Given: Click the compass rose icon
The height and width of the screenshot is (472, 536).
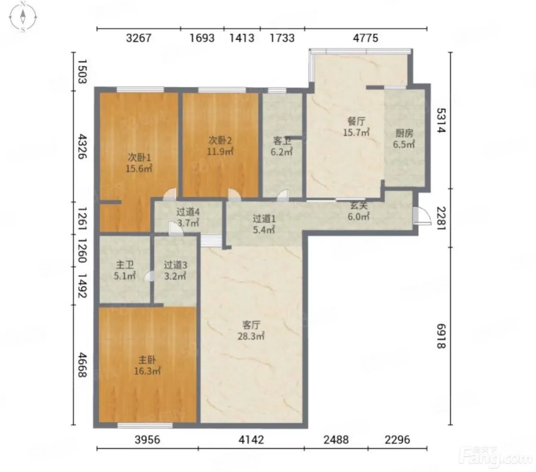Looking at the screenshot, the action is coord(23,17).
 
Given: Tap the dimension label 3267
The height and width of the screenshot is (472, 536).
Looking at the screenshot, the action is coord(138,38).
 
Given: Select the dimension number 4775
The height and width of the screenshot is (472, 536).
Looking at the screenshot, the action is coord(365,38).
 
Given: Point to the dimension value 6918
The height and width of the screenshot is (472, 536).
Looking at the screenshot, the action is coord(441,336).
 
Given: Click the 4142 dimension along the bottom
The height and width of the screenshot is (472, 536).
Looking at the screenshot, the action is coord(251,440).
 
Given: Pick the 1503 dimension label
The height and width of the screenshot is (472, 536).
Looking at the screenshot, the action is coord(82,71).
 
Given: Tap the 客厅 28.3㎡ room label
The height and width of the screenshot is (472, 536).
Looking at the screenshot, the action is coord(251,330).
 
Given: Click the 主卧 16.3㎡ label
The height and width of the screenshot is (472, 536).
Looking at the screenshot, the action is coord(147,365).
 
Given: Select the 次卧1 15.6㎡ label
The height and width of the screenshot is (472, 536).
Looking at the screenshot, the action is coord(139,163).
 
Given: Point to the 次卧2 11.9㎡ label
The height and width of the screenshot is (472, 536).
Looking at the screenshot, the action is coord(220,146).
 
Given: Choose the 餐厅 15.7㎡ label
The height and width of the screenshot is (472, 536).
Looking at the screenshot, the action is coord(356,127).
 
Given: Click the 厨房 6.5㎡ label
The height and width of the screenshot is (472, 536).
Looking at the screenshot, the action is coord(404,138).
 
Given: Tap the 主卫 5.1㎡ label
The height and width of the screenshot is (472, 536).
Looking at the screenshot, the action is coord(125,270).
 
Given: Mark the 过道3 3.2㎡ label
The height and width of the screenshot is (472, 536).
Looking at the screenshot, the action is coord(175,270).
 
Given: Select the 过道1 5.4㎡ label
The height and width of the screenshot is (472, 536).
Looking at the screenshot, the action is coord(264,224).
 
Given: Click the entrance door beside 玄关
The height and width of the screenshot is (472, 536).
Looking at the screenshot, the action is coord(421,216).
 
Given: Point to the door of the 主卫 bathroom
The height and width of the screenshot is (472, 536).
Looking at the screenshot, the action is coord(150,276).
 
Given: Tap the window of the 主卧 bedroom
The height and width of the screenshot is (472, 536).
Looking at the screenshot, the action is coord(145,425).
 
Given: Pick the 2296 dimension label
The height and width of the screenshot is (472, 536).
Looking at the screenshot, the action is coord(398,440).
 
